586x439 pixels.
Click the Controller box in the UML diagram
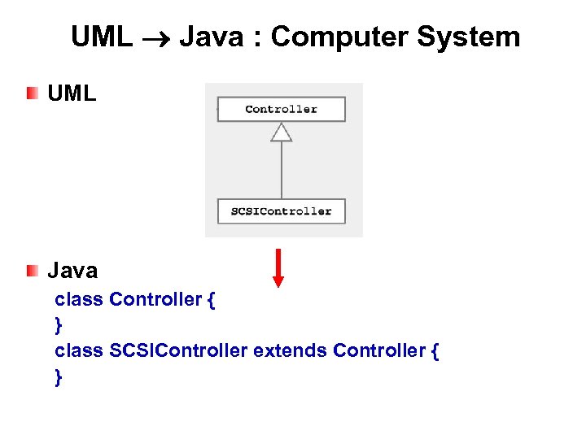(x=281, y=110)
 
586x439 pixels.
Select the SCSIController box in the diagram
(x=281, y=211)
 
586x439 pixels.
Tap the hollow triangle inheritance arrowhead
(x=281, y=132)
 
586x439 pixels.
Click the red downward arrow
(x=278, y=269)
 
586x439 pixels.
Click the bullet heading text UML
(x=72, y=93)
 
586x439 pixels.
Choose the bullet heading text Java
(x=72, y=271)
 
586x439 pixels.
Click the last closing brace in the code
(x=59, y=376)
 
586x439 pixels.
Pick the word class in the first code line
(x=79, y=299)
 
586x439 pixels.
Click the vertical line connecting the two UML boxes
(x=281, y=171)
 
